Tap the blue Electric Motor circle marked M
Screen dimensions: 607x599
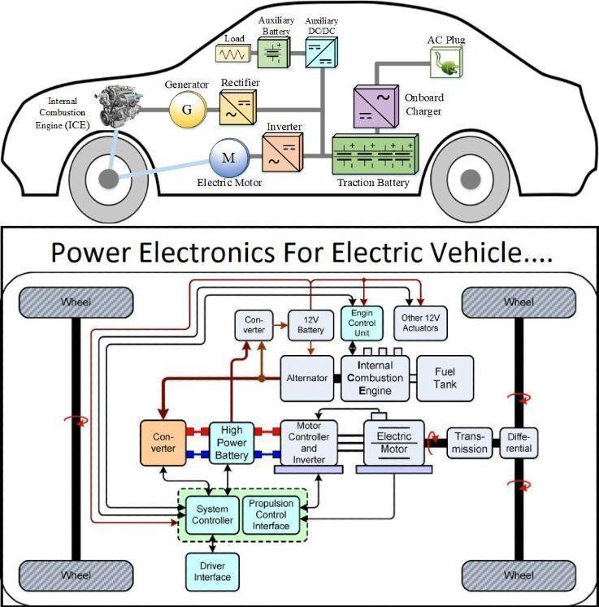pos(229,158)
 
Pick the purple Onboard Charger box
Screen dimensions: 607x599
pos(374,106)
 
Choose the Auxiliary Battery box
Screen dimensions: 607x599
pos(274,50)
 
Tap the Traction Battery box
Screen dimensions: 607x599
pos(374,154)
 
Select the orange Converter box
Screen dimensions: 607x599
pos(163,442)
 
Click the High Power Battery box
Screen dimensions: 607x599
pos(232,442)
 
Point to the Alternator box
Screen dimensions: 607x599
pos(306,378)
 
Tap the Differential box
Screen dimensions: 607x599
pos(518,442)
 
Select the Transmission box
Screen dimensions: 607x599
pos(470,442)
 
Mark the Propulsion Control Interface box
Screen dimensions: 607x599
pos(271,514)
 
